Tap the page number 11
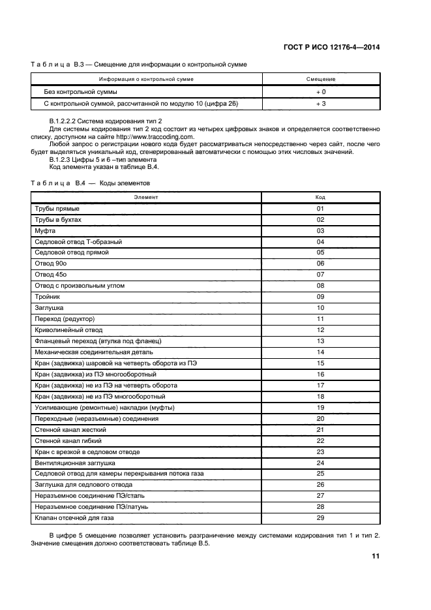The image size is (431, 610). pos(376,556)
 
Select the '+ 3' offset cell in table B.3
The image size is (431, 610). pos(320,103)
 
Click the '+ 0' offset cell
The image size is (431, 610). pos(320,92)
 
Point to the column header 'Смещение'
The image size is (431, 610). pos(320,79)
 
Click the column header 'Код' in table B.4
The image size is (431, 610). pos(320,196)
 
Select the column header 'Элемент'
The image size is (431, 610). pos(145,196)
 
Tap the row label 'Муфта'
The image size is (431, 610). pos(44,231)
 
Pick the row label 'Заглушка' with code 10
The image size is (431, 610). pos(49,307)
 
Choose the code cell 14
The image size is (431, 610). pos(320,352)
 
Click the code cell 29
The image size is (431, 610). pos(320,517)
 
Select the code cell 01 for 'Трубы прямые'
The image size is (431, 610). pos(320,209)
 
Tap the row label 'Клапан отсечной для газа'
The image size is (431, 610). pos(74,517)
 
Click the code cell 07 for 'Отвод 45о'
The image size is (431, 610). pos(320,275)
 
